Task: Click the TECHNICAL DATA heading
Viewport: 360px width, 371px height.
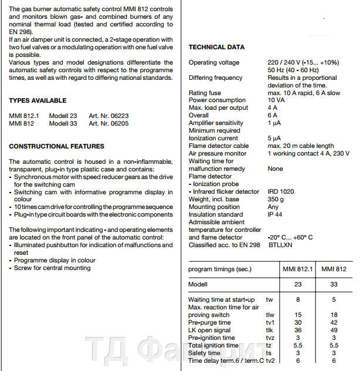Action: click(216, 47)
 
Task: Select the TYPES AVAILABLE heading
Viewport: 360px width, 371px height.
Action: click(38, 100)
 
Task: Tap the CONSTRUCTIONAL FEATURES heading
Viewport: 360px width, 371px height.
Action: click(57, 146)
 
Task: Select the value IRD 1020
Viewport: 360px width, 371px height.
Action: click(281, 191)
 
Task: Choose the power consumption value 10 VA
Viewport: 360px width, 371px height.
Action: click(276, 100)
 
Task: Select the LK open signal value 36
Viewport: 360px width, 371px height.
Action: click(298, 330)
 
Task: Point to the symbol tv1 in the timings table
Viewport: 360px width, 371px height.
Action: click(270, 322)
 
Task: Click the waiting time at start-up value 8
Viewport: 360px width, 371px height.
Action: click(298, 299)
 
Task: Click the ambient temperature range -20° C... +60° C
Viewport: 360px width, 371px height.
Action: click(290, 237)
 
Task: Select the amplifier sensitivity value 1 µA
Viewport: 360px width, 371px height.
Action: click(274, 123)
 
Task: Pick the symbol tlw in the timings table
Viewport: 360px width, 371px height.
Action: click(270, 315)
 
